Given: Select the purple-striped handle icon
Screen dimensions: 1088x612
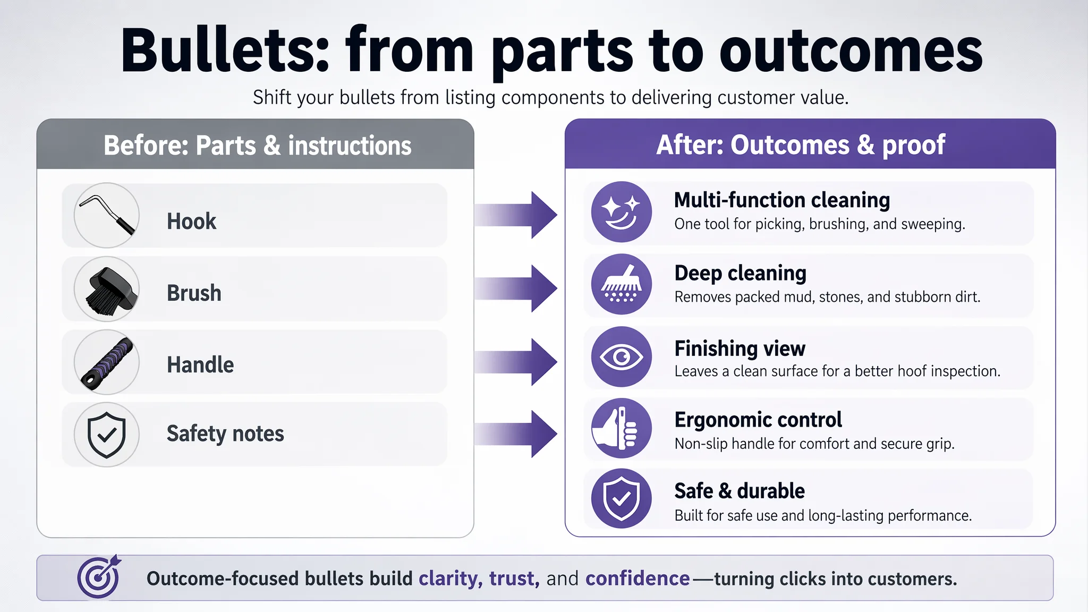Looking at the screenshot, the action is click(107, 362).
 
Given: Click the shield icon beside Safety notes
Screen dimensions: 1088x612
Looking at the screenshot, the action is click(107, 435).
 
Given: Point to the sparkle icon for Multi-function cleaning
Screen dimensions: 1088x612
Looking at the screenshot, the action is click(622, 212).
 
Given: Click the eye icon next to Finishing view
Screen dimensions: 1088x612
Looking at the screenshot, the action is click(622, 356).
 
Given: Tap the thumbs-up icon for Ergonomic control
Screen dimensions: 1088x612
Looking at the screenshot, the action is click(622, 428).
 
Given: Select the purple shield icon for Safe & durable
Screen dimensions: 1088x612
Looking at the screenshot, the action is click(622, 498).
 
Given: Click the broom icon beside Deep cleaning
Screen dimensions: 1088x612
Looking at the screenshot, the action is click(622, 284).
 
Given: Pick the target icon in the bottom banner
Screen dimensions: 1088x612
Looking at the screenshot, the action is click(99, 577).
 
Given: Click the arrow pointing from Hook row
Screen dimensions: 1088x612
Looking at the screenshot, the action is click(516, 215).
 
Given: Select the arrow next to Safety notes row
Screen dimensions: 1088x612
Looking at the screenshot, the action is click(516, 434).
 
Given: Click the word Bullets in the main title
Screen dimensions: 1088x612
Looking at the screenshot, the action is click(226, 52).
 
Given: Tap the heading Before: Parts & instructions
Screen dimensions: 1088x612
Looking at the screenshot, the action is click(258, 146).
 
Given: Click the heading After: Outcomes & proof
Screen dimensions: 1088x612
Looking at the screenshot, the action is click(801, 145).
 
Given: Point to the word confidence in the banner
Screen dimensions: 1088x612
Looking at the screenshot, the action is click(637, 578).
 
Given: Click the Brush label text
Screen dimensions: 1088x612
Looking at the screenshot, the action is click(194, 293).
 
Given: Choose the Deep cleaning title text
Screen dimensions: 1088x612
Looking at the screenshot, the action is click(741, 274).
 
